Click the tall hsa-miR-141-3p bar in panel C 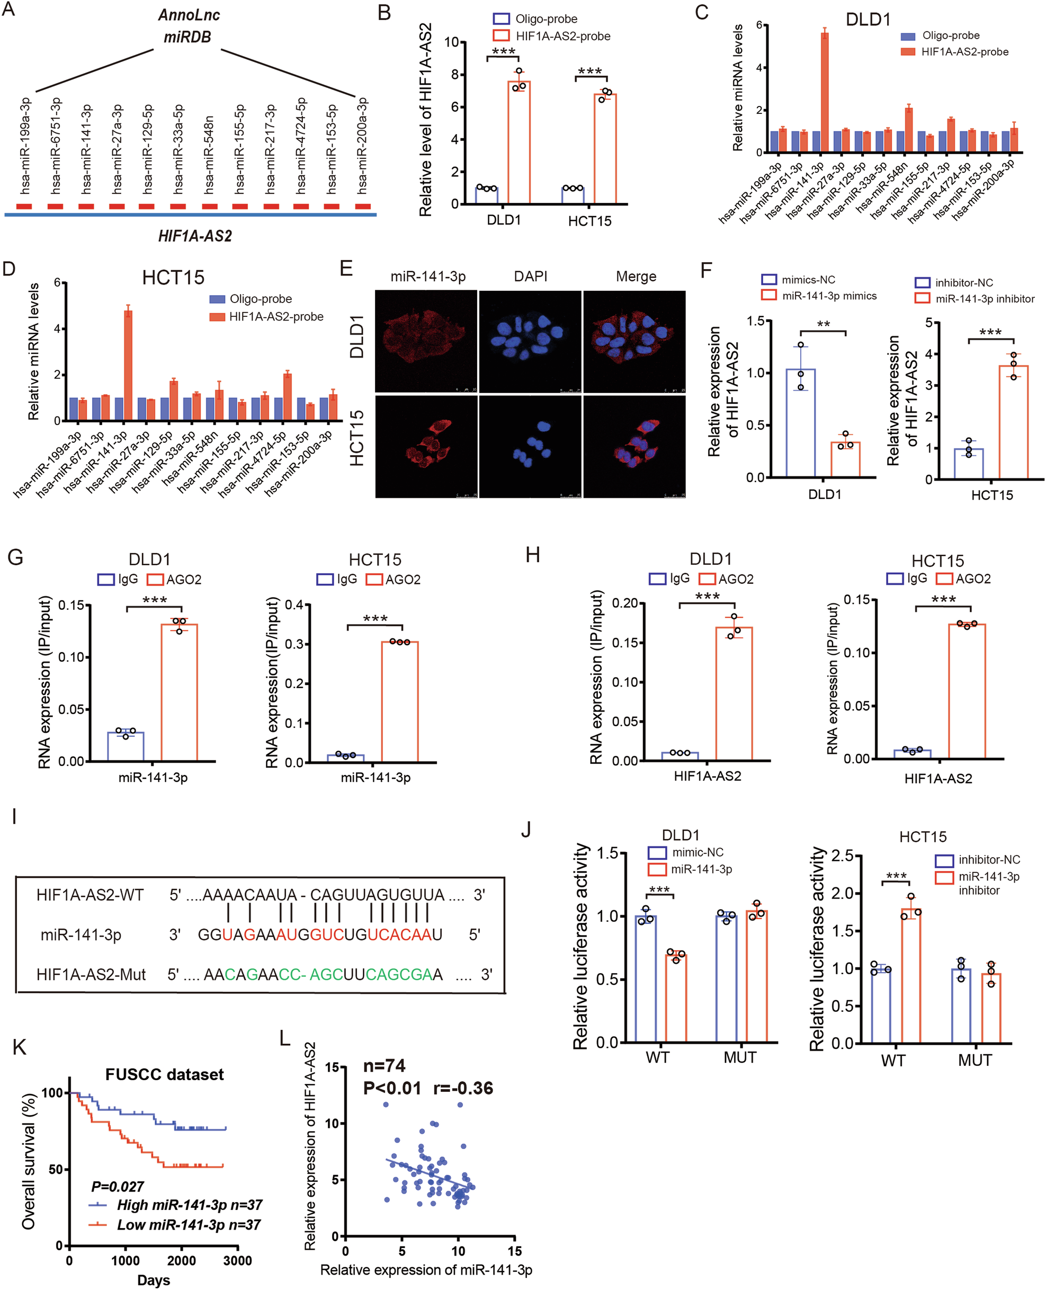[824, 93]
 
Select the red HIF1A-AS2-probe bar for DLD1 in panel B [519, 143]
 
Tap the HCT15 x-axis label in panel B [589, 221]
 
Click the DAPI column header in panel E [530, 276]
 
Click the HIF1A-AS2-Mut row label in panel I [91, 975]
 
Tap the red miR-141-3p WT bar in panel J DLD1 [675, 998]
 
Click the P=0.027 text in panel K [118, 1187]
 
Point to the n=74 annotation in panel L [385, 1066]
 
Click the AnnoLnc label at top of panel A [189, 15]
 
